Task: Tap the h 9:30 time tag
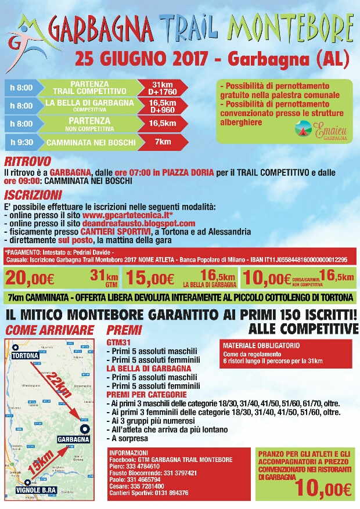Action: (22, 141)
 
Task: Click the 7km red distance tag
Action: (162, 141)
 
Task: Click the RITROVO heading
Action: (27, 161)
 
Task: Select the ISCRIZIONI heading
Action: (33, 195)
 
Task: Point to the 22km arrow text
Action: (60, 384)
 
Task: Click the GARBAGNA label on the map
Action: (73, 439)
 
